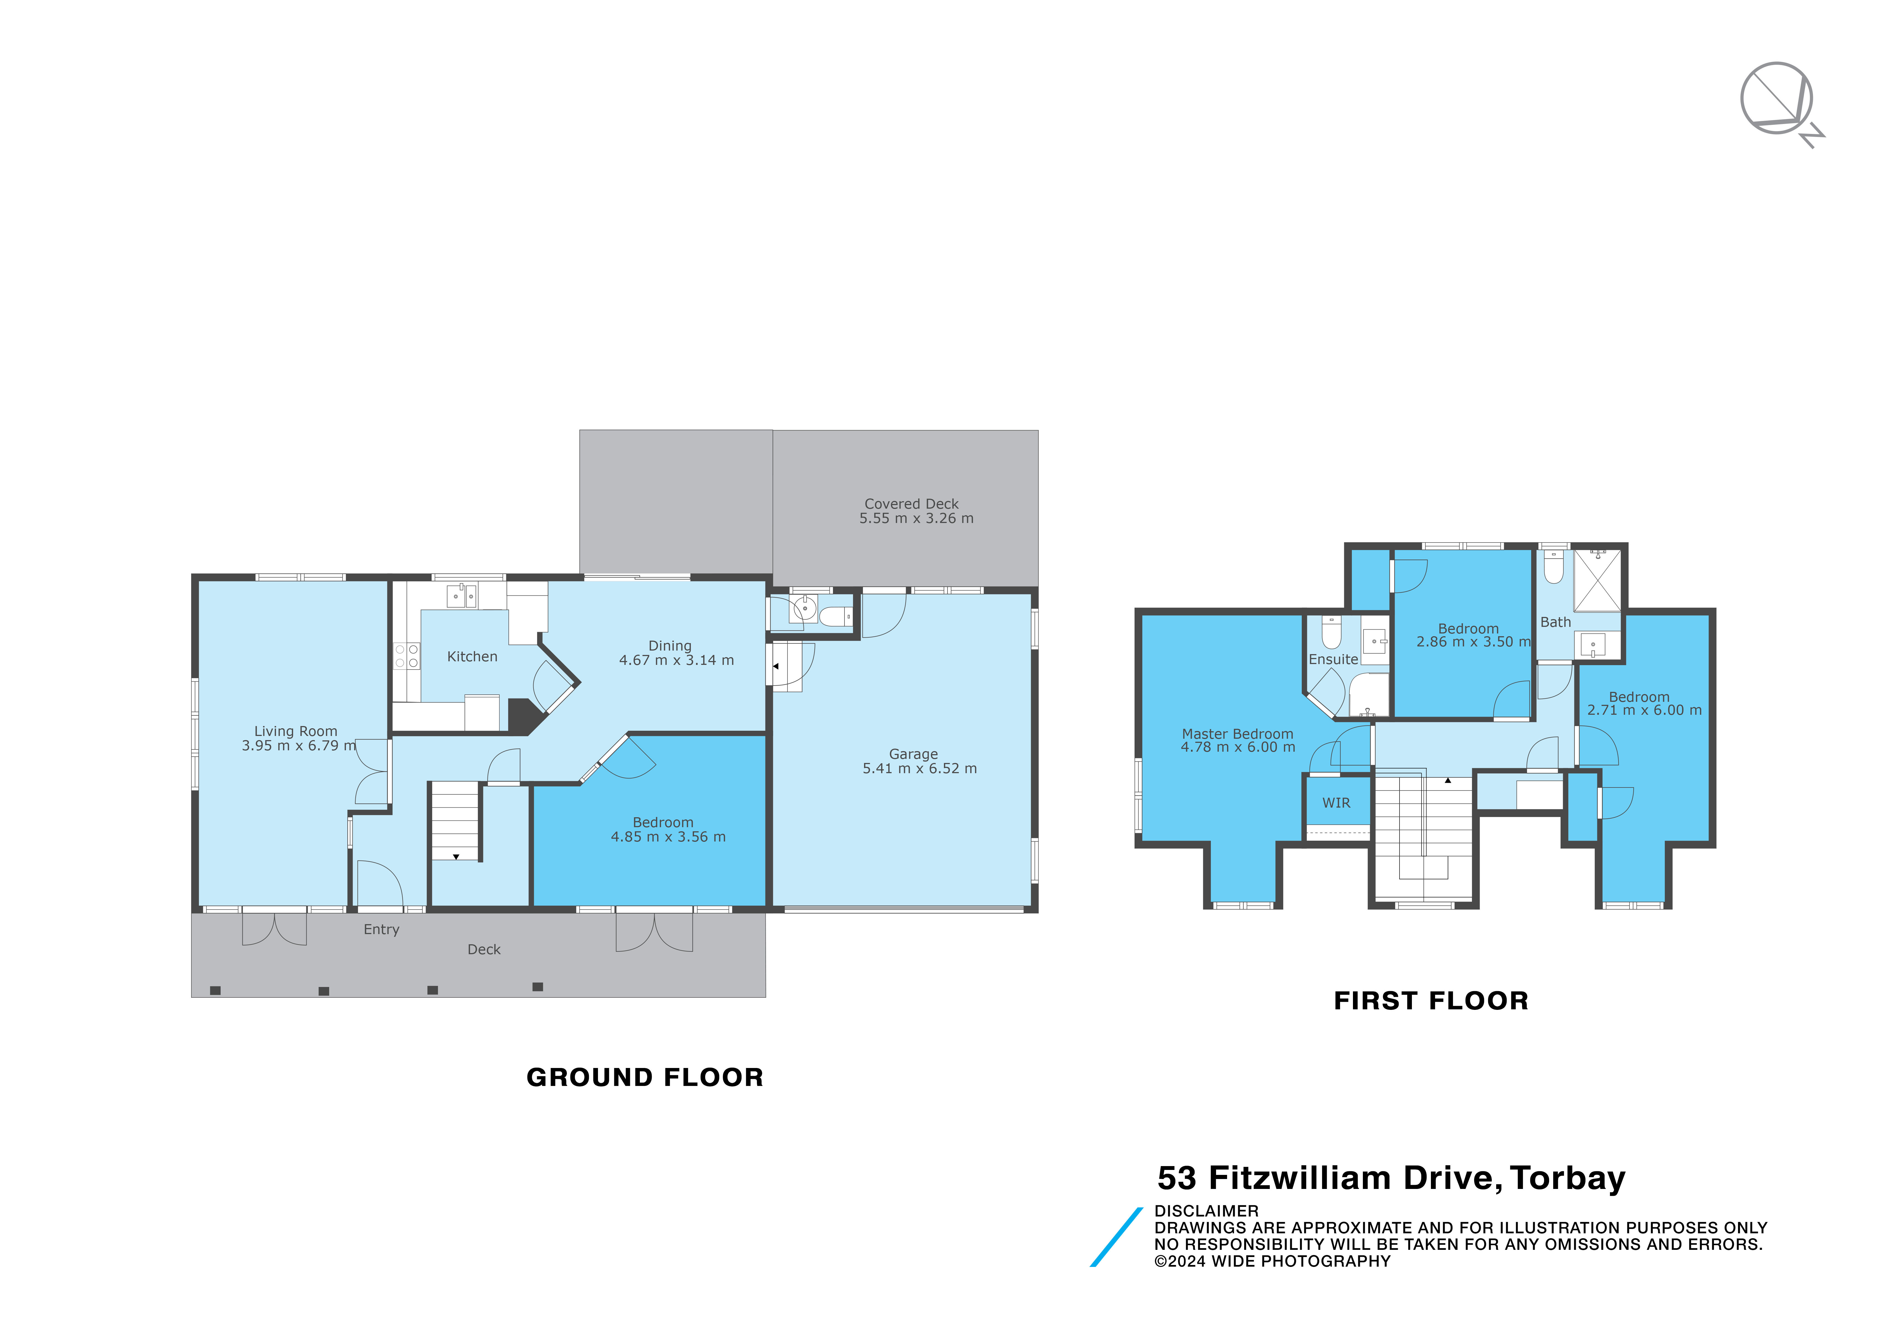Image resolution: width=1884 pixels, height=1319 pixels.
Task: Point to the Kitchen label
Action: (472, 657)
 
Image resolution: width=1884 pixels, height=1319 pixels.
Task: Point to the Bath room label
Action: (1555, 622)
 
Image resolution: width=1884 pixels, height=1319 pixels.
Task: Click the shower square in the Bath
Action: (1597, 580)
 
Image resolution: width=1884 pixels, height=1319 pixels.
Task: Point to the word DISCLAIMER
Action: (1206, 1211)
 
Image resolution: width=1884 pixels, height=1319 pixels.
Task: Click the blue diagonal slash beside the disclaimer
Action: (1116, 1237)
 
